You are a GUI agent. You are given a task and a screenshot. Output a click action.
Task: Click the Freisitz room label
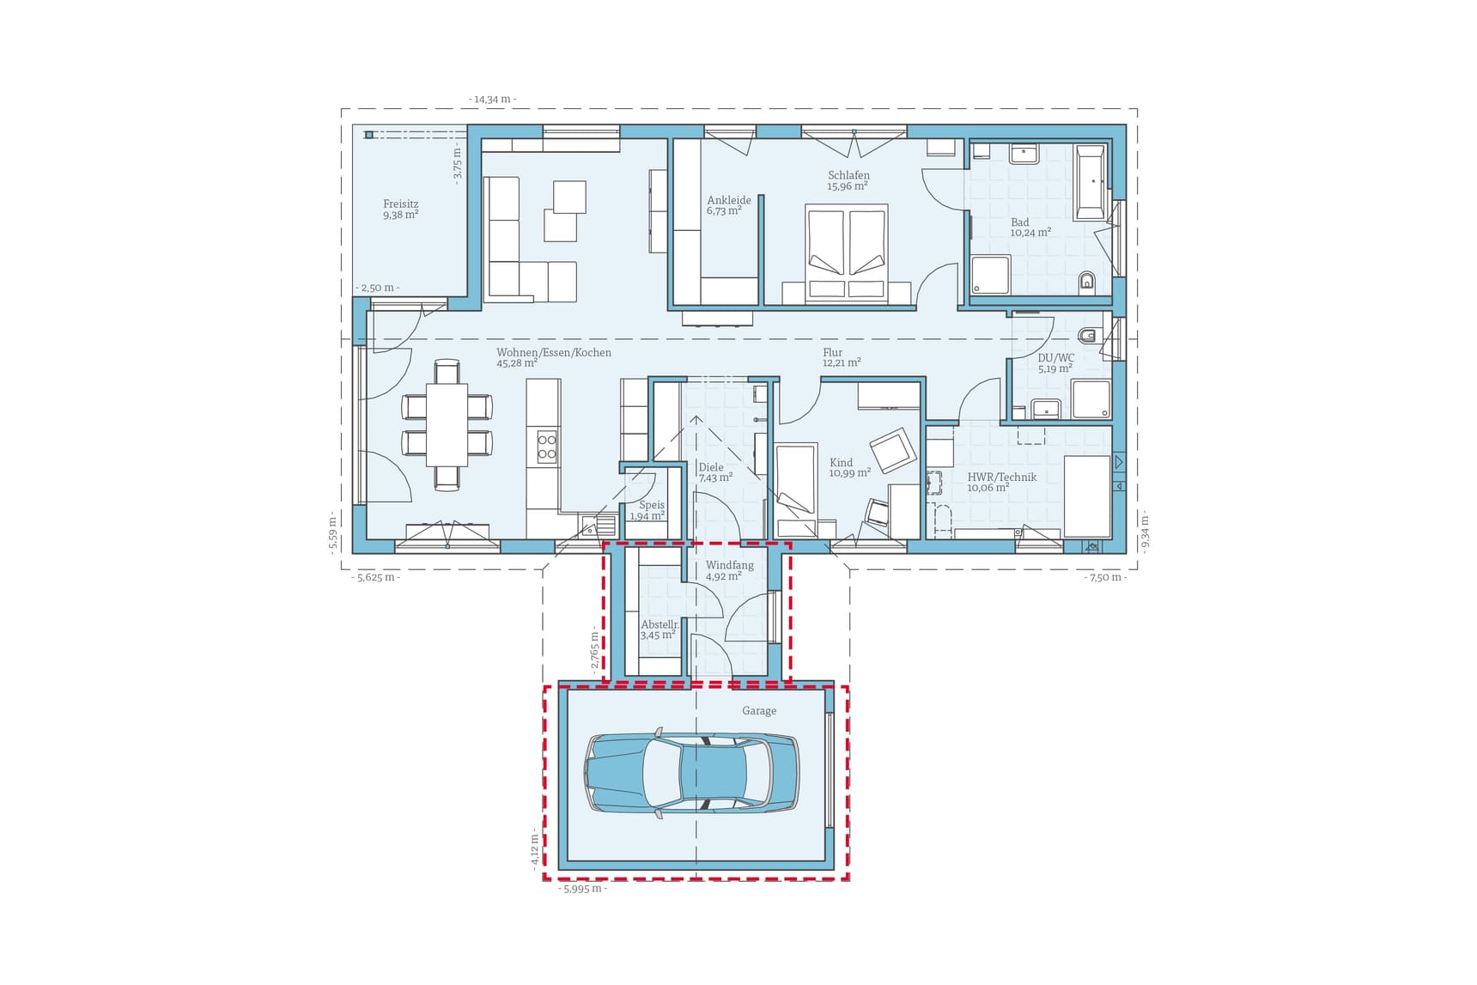tap(400, 210)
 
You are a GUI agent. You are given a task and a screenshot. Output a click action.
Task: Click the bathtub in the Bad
tap(1090, 181)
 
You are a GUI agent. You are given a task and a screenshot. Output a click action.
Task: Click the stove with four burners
tap(547, 447)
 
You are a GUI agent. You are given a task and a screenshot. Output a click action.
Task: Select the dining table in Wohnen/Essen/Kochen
tap(447, 424)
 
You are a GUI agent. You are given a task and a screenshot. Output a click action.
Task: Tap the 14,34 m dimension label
tap(492, 100)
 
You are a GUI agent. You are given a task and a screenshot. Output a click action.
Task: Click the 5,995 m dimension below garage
tap(583, 889)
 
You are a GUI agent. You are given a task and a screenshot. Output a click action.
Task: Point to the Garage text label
tap(759, 711)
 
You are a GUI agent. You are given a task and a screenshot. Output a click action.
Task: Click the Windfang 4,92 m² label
tap(729, 571)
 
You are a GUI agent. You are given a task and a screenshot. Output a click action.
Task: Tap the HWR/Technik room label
tap(1001, 482)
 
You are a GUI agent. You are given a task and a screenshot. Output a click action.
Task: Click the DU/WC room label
tap(1055, 363)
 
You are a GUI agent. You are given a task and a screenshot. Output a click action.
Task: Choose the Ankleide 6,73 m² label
tap(728, 205)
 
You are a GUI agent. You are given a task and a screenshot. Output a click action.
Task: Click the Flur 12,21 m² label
tap(841, 357)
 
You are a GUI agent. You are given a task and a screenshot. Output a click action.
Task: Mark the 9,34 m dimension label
tap(1145, 531)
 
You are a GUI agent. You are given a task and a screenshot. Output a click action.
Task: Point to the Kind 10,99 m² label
tap(849, 468)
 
